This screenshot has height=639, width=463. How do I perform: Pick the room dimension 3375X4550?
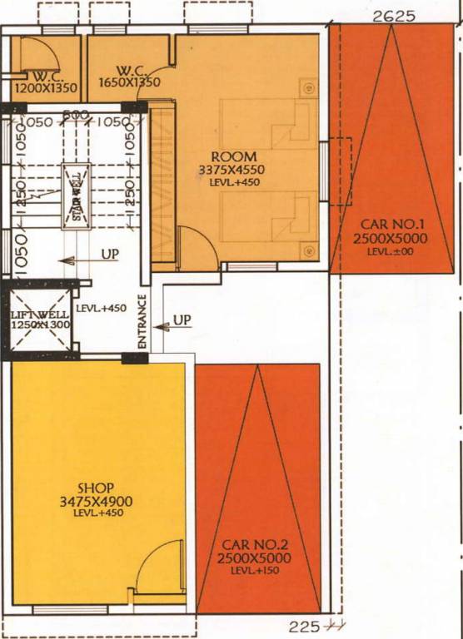click(x=233, y=170)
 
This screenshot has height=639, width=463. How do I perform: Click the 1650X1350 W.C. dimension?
click(x=131, y=83)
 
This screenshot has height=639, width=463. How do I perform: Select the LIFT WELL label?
click(x=32, y=314)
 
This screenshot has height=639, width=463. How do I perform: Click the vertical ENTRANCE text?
click(x=142, y=322)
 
